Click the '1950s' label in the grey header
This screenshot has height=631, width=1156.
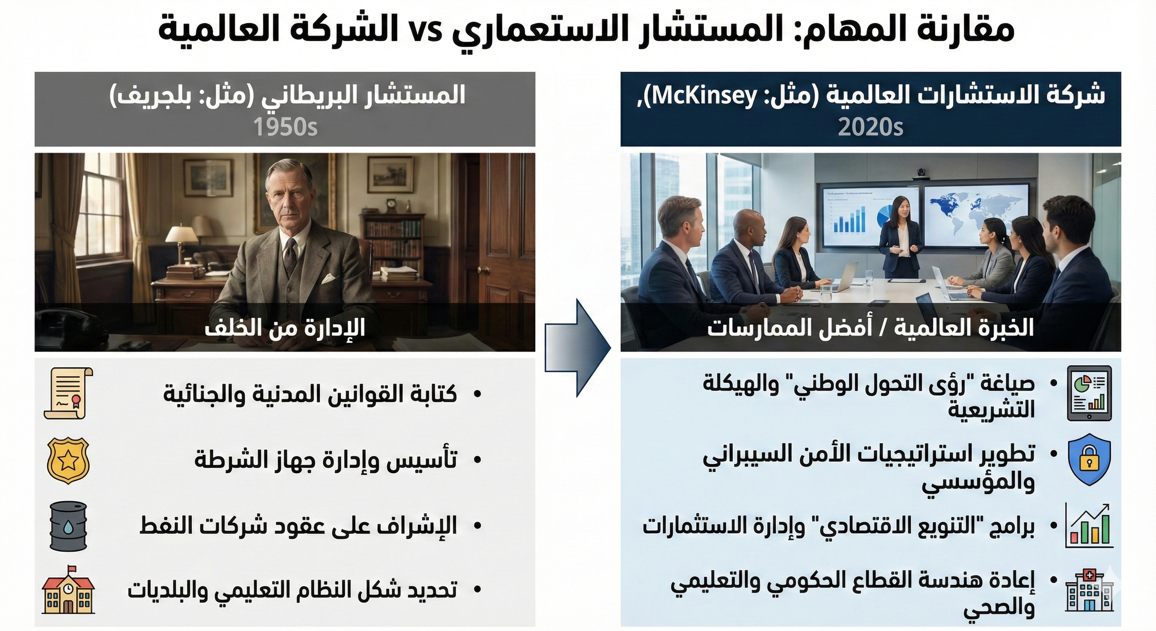pyautogui.click(x=285, y=127)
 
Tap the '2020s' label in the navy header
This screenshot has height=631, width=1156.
pyautogui.click(x=871, y=127)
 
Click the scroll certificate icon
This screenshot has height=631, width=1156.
pyautogui.click(x=68, y=394)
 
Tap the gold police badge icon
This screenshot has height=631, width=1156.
pyautogui.click(x=68, y=461)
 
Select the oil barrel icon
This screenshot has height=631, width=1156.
pyautogui.click(x=68, y=526)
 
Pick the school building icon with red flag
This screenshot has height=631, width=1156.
pyautogui.click(x=68, y=589)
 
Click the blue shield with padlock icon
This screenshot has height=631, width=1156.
pyautogui.click(x=1089, y=461)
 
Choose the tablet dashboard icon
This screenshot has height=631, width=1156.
pyautogui.click(x=1089, y=394)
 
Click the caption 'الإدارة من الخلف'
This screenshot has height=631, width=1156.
pyautogui.click(x=285, y=328)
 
